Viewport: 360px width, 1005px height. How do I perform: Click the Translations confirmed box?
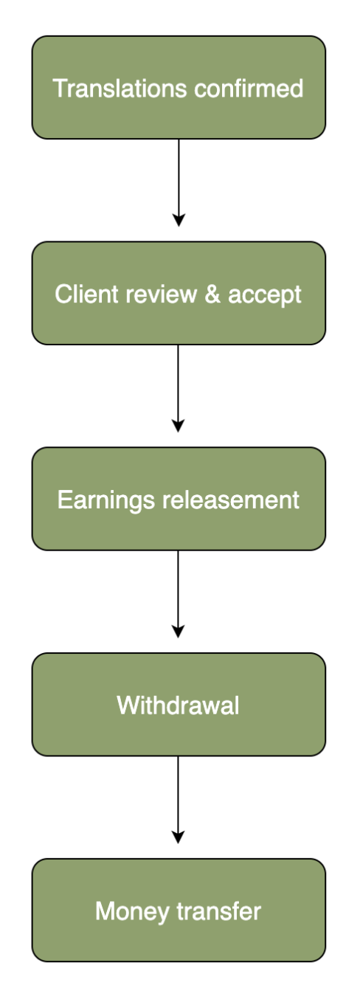click(179, 88)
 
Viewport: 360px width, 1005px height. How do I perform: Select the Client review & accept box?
click(179, 294)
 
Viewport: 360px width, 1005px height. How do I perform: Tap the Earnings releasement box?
click(179, 499)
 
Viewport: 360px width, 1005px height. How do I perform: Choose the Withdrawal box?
click(179, 705)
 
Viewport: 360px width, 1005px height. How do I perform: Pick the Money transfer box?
click(179, 911)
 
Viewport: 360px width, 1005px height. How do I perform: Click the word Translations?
click(120, 88)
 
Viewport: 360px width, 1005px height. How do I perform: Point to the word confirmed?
click(249, 88)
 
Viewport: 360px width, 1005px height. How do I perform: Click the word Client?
click(87, 294)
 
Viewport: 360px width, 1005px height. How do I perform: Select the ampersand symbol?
click(212, 294)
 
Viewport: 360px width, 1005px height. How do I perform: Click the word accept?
click(265, 296)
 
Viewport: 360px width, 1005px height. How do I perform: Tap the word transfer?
click(219, 911)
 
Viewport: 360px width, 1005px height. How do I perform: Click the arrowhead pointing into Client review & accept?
click(179, 221)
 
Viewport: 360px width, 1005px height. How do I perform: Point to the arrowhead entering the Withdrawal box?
click(179, 632)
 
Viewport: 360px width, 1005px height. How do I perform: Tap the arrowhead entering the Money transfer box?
click(179, 837)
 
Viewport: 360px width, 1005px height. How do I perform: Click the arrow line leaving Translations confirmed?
click(179, 183)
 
